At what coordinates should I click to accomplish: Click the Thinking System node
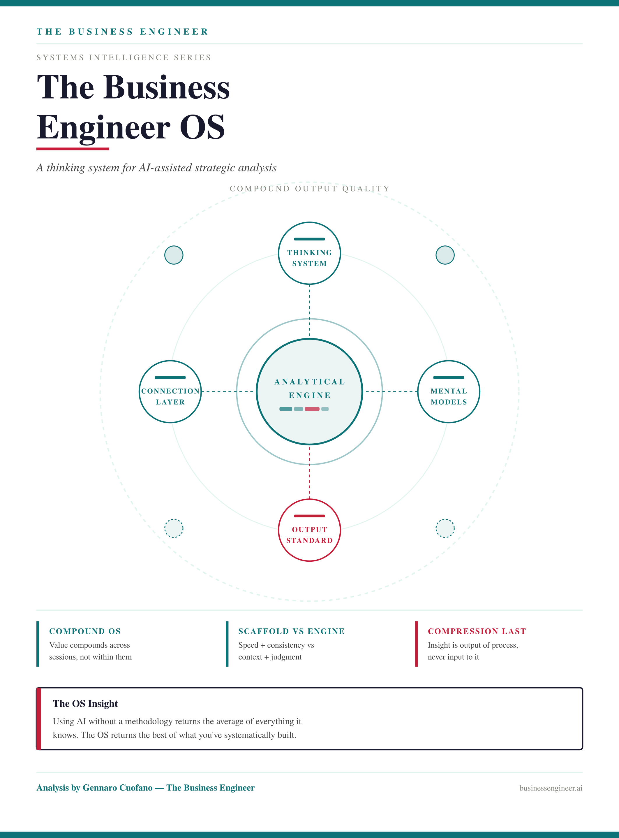pyautogui.click(x=309, y=254)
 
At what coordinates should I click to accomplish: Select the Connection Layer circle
pyautogui.click(x=170, y=392)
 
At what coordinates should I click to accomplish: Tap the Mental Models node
pyautogui.click(x=449, y=392)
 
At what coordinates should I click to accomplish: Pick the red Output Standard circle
pyautogui.click(x=309, y=530)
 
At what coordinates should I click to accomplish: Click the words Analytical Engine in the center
pyautogui.click(x=309, y=389)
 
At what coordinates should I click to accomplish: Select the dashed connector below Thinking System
pyautogui.click(x=309, y=310)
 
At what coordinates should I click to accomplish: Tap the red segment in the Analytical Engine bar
pyautogui.click(x=312, y=409)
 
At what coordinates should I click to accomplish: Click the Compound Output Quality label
pyautogui.click(x=309, y=189)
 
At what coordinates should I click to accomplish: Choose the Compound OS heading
pyautogui.click(x=85, y=631)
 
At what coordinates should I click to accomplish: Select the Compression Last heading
pyautogui.click(x=477, y=631)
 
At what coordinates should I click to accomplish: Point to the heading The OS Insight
pyautogui.click(x=85, y=704)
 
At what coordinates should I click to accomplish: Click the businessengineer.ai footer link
pyautogui.click(x=551, y=788)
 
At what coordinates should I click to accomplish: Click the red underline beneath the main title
pyautogui.click(x=73, y=149)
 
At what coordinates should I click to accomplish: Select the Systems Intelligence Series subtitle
pyautogui.click(x=124, y=57)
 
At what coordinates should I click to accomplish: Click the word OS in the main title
pyautogui.click(x=202, y=127)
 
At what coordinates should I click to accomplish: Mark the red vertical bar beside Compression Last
pyautogui.click(x=416, y=644)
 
